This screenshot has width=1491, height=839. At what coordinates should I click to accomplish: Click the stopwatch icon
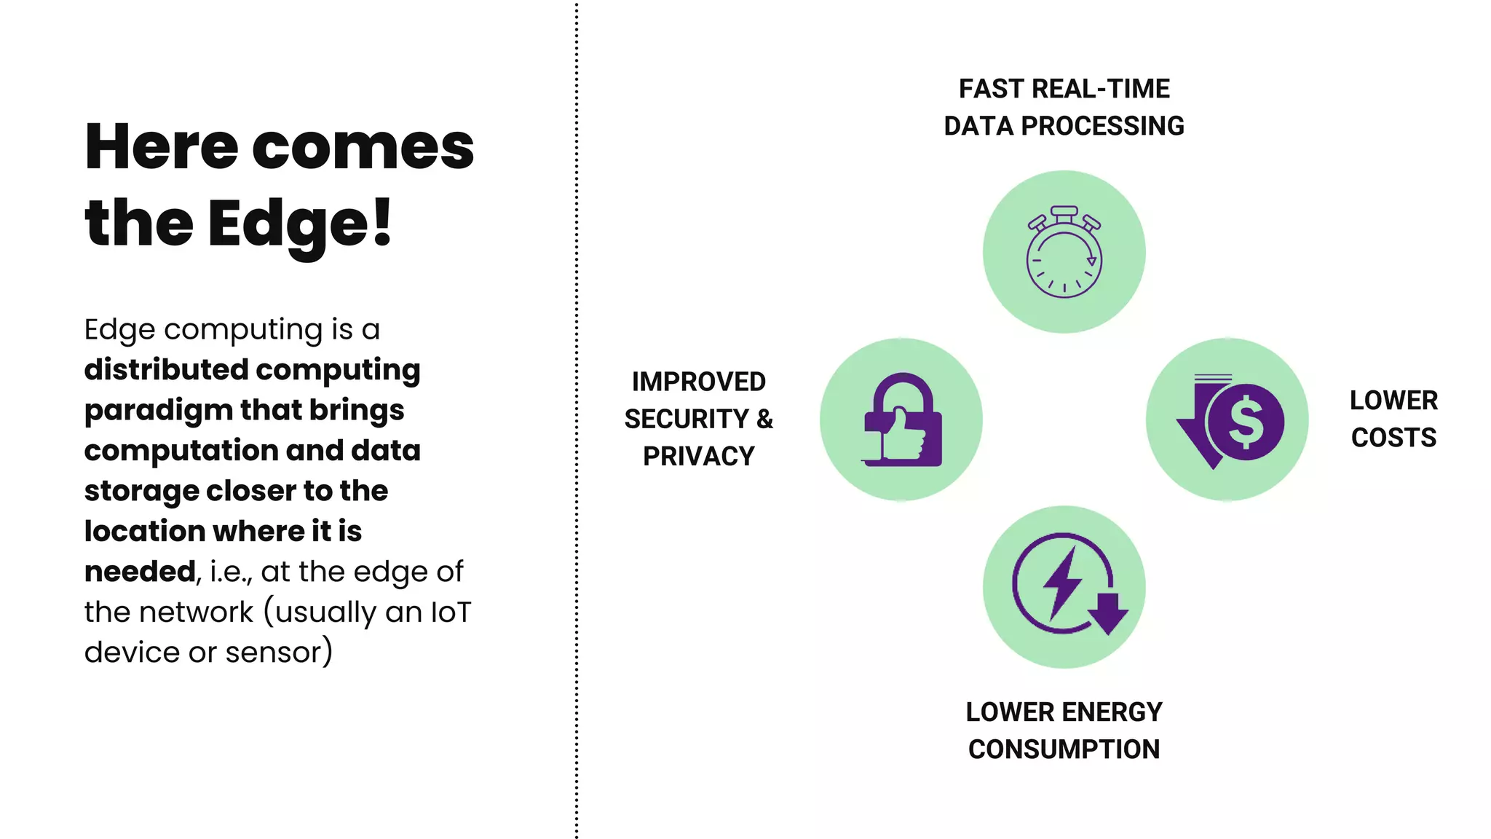pyautogui.click(x=1064, y=252)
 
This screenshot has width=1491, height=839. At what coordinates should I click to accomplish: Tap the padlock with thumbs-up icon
pyautogui.click(x=902, y=420)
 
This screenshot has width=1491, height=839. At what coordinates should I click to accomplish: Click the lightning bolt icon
pyautogui.click(x=1064, y=583)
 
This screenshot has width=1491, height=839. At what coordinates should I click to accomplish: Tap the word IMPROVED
pyautogui.click(x=698, y=382)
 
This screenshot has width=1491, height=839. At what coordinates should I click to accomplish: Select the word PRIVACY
pyautogui.click(x=698, y=456)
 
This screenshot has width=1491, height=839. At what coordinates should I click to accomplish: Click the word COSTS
pyautogui.click(x=1393, y=438)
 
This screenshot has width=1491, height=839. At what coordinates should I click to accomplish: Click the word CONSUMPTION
pyautogui.click(x=1064, y=749)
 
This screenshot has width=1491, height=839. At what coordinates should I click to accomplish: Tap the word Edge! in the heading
pyautogui.click(x=300, y=223)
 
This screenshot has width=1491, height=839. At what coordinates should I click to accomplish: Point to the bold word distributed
pyautogui.click(x=177, y=370)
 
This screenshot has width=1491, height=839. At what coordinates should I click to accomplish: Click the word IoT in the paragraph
pyautogui.click(x=451, y=612)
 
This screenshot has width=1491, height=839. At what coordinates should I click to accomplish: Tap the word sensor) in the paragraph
pyautogui.click(x=279, y=653)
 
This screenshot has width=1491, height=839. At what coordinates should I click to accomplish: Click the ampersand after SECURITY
pyautogui.click(x=764, y=419)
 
